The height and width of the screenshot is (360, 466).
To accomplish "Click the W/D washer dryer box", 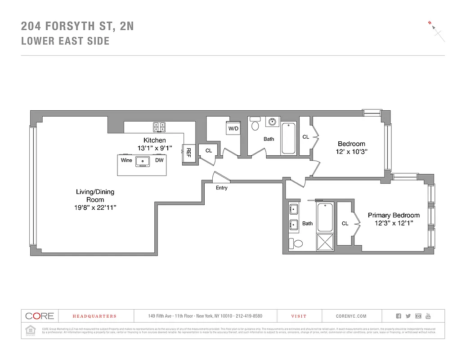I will coord(233,128).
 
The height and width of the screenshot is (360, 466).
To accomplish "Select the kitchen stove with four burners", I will coord(159,127).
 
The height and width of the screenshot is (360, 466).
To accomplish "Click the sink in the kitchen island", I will coord(144,161).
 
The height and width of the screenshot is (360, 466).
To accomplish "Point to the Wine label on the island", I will coord(126,160).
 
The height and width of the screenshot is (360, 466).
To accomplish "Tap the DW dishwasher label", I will coord(159,160).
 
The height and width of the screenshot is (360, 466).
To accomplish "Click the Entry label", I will coord(221,188).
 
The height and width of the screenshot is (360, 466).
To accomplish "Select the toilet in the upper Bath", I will coord(255,125).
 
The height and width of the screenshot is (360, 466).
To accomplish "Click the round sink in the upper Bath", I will coord(272,121).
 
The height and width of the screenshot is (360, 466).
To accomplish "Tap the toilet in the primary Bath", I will coord(297,243).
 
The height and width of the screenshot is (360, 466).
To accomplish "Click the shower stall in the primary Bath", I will coord(325,242).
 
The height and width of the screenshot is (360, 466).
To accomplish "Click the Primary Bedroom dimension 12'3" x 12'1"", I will coord(394,223).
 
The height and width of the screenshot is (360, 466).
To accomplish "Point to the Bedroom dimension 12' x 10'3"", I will coord(351,152).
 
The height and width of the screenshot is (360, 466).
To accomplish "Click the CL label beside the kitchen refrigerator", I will coord(209,151).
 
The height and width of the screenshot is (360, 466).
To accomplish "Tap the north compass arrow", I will coord(435,28).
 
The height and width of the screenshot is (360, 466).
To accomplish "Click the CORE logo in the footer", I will coord(40,316).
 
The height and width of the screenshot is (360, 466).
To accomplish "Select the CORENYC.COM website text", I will coord(351,316).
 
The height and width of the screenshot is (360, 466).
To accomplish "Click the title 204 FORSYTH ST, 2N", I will coord(77,27).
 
